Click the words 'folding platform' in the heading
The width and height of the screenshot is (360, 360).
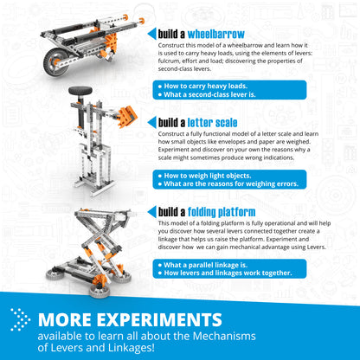225,211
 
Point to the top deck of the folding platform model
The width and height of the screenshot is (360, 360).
101,213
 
